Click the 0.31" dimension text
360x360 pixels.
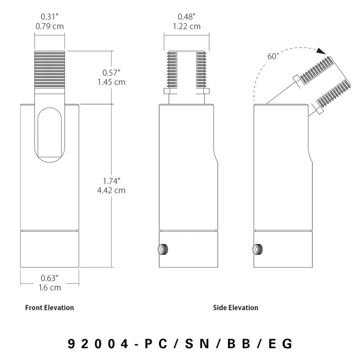[x=50, y=17]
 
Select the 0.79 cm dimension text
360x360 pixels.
[x=50, y=26]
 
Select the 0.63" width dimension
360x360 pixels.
[x=50, y=278]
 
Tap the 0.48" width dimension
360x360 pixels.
[x=186, y=17]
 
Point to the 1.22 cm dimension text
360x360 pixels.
[x=186, y=26]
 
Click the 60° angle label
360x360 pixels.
[x=273, y=56]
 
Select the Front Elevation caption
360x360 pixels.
[x=50, y=308]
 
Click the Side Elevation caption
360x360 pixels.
[x=236, y=308]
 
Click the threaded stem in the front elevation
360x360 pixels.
[x=50, y=72]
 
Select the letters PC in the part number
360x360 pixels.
[x=159, y=344]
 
